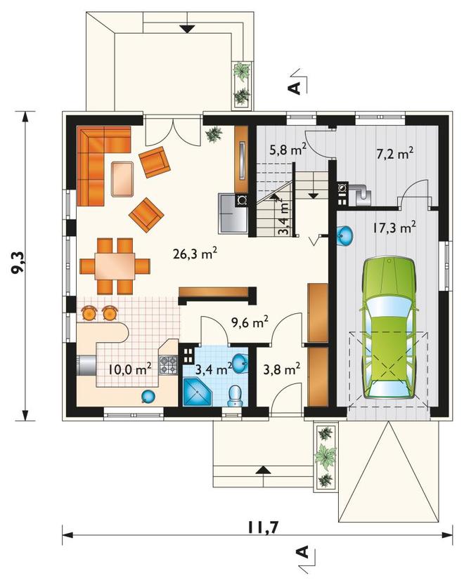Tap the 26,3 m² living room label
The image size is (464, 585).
(195, 254)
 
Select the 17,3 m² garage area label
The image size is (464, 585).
(394, 228)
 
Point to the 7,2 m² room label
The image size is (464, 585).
(394, 153)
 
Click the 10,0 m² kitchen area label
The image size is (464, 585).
(130, 369)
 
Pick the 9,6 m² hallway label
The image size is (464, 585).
(250, 322)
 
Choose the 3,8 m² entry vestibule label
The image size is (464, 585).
(282, 369)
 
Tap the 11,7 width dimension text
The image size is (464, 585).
(263, 527)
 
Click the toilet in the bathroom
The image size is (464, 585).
(236, 396)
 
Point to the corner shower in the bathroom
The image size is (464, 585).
(197, 392)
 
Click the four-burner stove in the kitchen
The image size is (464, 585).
(168, 365)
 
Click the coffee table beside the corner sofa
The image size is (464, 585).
(122, 178)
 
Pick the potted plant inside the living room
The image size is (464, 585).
(214, 134)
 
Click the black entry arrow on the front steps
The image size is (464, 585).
(263, 470)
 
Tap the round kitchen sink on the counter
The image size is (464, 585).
(148, 397)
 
